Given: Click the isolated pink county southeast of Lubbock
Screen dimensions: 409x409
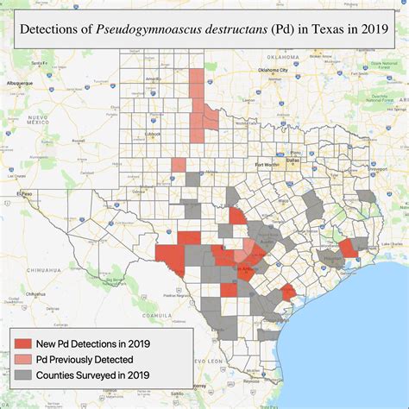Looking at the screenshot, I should click(178, 165).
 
